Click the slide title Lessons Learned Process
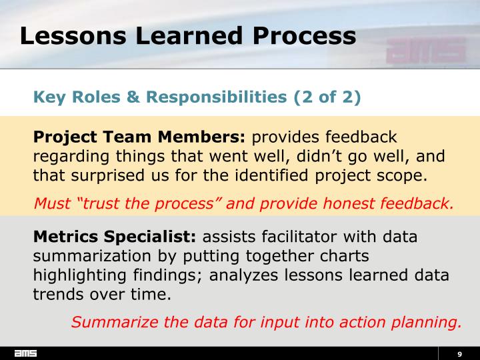pyautogui.click(x=187, y=35)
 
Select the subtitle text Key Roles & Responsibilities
pyautogui.click(x=160, y=97)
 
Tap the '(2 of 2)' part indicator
pyautogui.click(x=327, y=97)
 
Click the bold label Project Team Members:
pyautogui.click(x=139, y=137)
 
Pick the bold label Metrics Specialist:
pyautogui.click(x=115, y=237)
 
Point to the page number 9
pyautogui.click(x=459, y=353)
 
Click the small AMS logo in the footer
pyautogui.click(x=26, y=353)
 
